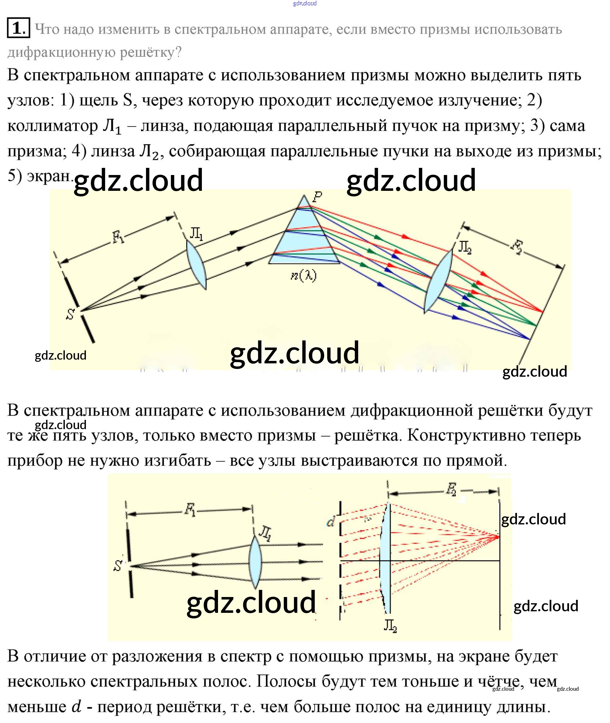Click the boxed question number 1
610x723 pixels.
pyautogui.click(x=18, y=27)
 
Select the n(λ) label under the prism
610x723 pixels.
pyautogui.click(x=303, y=276)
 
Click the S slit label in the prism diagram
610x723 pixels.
pyautogui.click(x=70, y=314)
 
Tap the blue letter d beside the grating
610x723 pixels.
pyautogui.click(x=331, y=521)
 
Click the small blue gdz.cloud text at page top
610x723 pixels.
pyautogui.click(x=305, y=3)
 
